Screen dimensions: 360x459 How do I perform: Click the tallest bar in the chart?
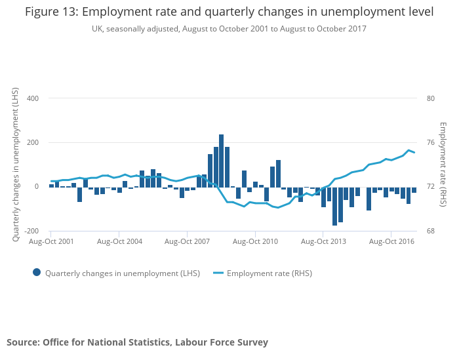coord(222,161)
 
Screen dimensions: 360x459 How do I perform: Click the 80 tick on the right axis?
coord(430,98)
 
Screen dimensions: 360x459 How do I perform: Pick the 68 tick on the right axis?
coord(430,231)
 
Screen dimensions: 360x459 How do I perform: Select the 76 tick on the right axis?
coord(430,143)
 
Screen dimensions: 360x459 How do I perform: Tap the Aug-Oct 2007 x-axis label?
coord(187,241)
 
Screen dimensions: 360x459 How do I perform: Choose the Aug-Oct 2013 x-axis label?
coord(323,241)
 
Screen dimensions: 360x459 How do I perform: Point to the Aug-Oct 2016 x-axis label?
coord(391,241)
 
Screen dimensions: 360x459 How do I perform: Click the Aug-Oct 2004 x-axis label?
coord(119,241)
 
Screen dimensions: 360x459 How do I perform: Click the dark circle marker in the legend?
coord(37,273)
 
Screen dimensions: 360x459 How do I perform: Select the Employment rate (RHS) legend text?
coord(269,273)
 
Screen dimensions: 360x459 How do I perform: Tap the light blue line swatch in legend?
coord(218,273)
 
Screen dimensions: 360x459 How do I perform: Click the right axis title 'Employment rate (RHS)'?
coord(443,164)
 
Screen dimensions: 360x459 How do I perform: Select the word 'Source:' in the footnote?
coord(23,342)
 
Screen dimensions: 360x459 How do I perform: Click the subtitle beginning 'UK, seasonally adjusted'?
coord(229,28)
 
